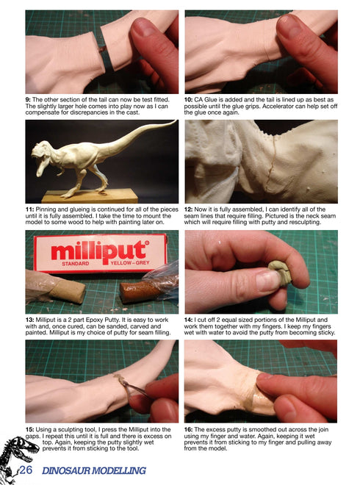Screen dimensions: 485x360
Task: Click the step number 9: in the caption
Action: [29, 99]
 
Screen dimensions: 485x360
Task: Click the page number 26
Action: [27, 471]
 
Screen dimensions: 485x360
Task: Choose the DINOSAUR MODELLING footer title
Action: [93, 471]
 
